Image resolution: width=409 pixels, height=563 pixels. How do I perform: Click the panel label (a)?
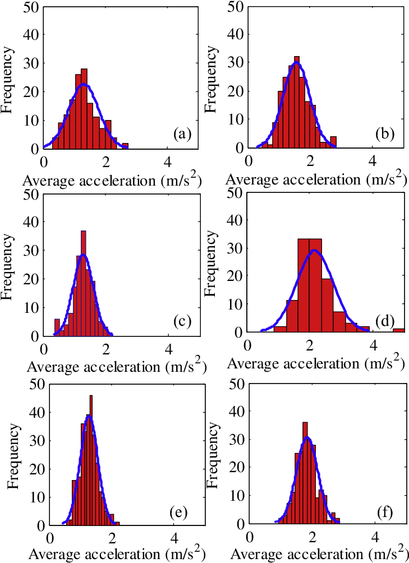pyautogui.click(x=183, y=133)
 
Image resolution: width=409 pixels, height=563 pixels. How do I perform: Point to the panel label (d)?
pyautogui.click(x=387, y=321)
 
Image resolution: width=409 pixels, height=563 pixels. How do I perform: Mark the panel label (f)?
pyautogui.click(x=387, y=513)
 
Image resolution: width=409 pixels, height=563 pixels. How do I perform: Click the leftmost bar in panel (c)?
pyautogui.click(x=57, y=327)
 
